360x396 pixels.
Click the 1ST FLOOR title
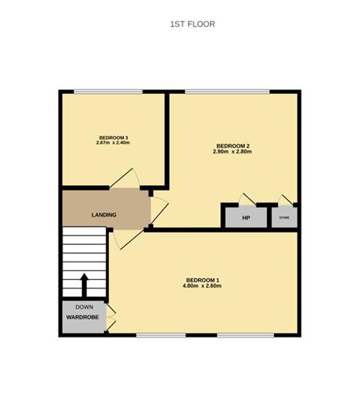pyautogui.click(x=193, y=25)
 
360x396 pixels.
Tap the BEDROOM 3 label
pyautogui.click(x=113, y=138)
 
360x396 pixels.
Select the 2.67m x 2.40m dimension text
pyautogui.click(x=113, y=143)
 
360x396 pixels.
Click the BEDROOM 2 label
pyautogui.click(x=233, y=145)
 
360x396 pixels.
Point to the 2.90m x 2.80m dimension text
pyautogui.click(x=233, y=152)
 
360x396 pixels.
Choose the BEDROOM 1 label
pyautogui.click(x=202, y=280)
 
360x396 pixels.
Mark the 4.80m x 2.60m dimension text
pyautogui.click(x=202, y=286)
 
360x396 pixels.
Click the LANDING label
pyautogui.click(x=104, y=215)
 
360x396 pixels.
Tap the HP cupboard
pyautogui.click(x=246, y=217)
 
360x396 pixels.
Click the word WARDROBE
pyautogui.click(x=82, y=319)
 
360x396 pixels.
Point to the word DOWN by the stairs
pyautogui.click(x=84, y=307)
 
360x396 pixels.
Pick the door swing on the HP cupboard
pyautogui.click(x=248, y=198)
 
